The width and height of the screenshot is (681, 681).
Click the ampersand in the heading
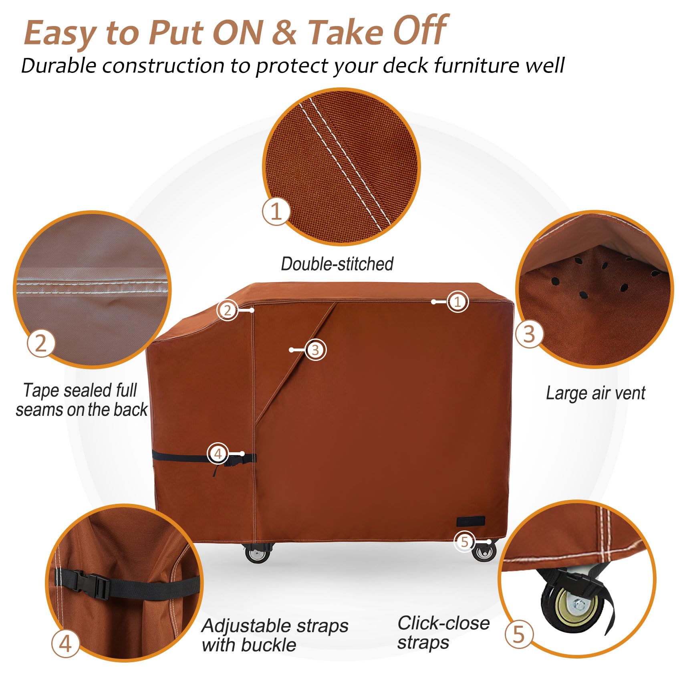284,32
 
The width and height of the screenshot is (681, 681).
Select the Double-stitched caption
337,264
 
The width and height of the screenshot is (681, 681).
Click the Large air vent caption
595,393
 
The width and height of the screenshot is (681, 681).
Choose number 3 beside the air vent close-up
529,333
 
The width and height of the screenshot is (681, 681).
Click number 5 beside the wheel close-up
518,635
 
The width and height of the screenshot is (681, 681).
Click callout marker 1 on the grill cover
457,302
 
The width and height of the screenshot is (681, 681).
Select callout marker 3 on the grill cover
315,350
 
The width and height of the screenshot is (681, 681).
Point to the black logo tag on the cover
470,521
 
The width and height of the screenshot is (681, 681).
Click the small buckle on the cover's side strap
232,463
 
